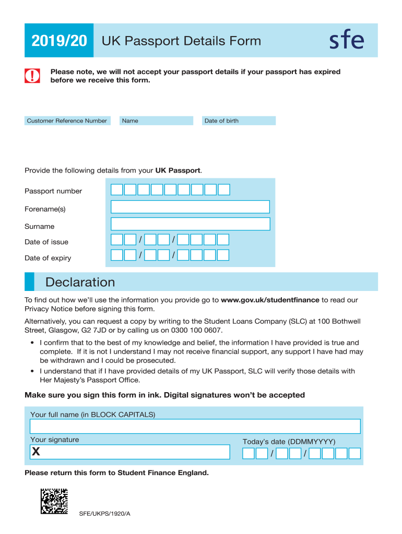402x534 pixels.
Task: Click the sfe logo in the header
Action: [347, 41]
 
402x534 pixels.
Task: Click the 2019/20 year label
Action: [59, 41]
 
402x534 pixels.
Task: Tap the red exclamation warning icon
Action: [32, 76]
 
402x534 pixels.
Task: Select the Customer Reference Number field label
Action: [67, 120]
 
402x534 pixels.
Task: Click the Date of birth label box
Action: [239, 120]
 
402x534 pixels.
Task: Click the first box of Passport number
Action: [117, 189]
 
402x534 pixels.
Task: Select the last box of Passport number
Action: [224, 189]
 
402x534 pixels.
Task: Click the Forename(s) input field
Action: [190, 207]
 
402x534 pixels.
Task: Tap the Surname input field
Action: [190, 224]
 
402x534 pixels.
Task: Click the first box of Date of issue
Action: [117, 239]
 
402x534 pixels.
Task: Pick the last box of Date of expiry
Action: [223, 255]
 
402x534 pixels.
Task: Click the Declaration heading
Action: [80, 282]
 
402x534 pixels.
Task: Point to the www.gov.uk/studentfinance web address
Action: [270, 300]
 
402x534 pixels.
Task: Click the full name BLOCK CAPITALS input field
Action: [195, 427]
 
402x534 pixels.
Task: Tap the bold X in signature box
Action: [36, 452]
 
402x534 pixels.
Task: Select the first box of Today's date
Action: [249, 454]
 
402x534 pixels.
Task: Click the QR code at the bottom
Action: [54, 501]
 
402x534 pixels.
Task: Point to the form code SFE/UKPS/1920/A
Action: [104, 514]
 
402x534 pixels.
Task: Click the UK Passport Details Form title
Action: [181, 41]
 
